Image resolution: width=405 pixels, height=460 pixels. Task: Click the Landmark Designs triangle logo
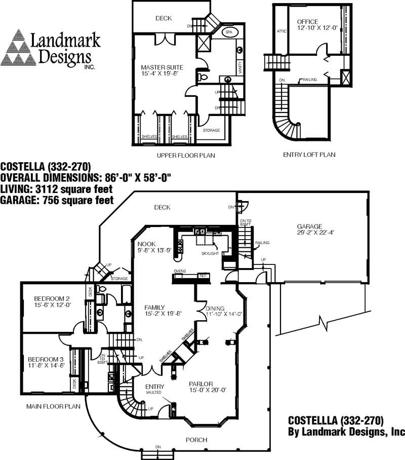[18, 48]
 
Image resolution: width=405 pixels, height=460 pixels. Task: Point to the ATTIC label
[281, 31]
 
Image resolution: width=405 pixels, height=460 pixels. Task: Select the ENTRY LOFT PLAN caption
[309, 155]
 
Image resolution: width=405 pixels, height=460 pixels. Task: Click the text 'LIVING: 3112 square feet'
[56, 188]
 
